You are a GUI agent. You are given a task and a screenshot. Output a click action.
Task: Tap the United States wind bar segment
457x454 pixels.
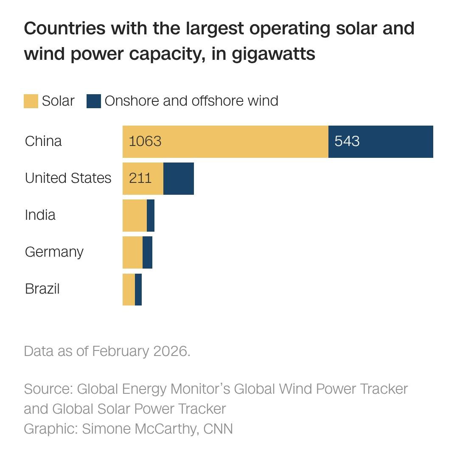pos(179,179)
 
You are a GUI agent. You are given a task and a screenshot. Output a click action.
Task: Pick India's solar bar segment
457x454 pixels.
pos(135,216)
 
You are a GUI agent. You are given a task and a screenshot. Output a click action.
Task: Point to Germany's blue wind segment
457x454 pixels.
pos(147,252)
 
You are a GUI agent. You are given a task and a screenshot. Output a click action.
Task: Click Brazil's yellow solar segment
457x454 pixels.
pos(129,289)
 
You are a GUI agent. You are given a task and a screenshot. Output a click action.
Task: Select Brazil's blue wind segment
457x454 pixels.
pos(138,289)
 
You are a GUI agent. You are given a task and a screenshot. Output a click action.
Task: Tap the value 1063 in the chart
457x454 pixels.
pos(145,141)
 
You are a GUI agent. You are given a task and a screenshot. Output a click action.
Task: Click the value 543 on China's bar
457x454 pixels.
pos(347,141)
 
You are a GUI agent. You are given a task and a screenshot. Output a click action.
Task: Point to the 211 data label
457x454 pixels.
pos(140,178)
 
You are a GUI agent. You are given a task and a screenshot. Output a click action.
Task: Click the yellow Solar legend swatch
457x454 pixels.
pos(31,101)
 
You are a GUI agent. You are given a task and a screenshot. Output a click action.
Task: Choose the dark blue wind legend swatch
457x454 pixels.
pos(94,101)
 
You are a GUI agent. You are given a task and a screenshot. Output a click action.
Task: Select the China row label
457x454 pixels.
pos(43,141)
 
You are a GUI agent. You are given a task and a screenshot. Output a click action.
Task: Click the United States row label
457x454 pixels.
pos(68,178)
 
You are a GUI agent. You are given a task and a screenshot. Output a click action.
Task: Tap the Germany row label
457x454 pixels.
pos(54,252)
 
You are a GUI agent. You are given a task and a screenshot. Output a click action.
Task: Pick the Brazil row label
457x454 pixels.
pos(42,289)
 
